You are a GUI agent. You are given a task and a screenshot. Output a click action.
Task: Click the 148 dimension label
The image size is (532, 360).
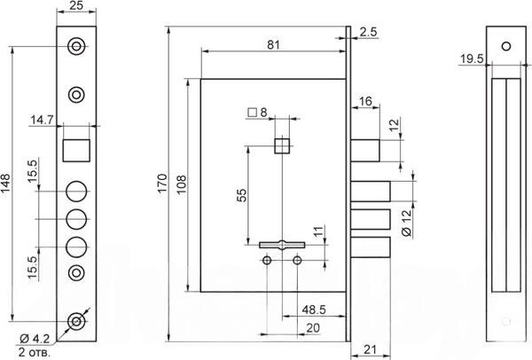click(6, 184)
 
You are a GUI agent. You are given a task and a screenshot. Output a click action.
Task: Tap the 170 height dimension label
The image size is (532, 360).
click(163, 184)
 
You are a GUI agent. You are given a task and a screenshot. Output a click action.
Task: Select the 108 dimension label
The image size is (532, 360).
click(182, 184)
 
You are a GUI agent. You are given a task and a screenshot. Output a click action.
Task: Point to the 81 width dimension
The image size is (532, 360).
click(273, 45)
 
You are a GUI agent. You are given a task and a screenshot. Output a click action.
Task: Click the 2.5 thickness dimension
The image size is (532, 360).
click(369, 32)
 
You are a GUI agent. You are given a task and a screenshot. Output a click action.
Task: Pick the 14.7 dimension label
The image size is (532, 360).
click(42, 120)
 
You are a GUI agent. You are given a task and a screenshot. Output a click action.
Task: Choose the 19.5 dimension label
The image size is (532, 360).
click(472, 59)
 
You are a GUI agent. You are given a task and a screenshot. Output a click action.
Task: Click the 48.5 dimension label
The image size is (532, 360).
click(314, 309)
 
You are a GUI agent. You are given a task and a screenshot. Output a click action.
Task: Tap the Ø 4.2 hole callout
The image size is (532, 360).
click(35, 339)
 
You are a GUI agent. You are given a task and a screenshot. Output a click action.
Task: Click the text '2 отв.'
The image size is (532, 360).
click(35, 352)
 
